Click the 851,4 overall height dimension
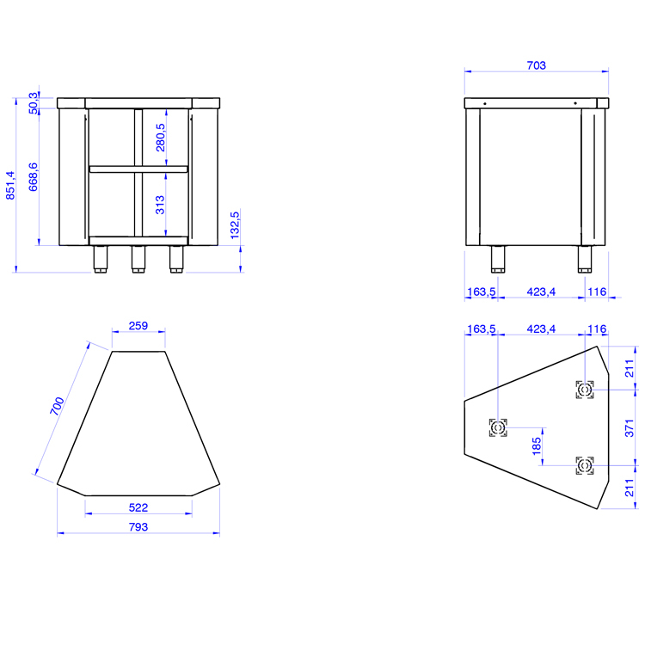tap(10, 186)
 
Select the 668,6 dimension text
tap(34, 177)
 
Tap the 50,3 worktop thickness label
tap(34, 103)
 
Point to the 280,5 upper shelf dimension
tap(161, 138)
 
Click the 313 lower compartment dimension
tap(160, 205)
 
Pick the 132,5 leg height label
tap(235, 225)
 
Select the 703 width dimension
tap(537, 65)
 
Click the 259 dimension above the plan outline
tap(138, 326)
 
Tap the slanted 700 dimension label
tap(57, 406)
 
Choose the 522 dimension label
tap(138, 507)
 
